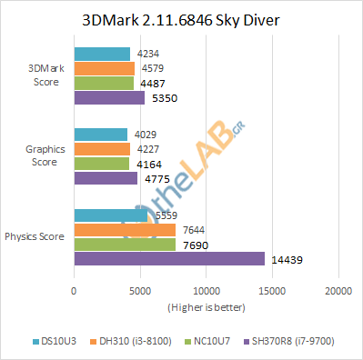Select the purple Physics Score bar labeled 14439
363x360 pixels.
168,259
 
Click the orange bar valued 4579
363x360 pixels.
104,68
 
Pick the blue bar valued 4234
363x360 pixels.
101,55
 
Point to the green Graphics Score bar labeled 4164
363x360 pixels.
101,164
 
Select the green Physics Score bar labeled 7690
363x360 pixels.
124,245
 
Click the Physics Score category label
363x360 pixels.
35,236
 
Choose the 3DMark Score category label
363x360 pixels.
45,75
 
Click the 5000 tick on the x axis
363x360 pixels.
139,292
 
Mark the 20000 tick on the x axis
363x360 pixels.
338,292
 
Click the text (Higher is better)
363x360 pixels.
206,306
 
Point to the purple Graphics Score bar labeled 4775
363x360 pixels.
105,177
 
